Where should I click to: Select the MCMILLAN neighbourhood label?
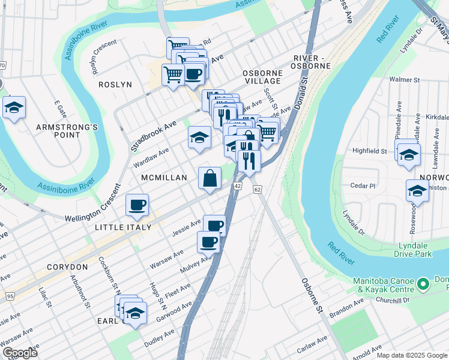click(164, 178)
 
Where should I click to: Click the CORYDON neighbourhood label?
click(66, 266)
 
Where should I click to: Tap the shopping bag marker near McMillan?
click(209, 179)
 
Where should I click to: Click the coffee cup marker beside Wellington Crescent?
click(137, 206)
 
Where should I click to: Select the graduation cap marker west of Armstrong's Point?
click(13, 109)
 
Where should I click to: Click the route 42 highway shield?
click(238, 187)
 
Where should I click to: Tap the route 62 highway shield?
click(257, 190)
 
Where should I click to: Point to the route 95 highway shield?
click(10, 296)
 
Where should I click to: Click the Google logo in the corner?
click(20, 353)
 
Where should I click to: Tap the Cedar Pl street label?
click(364, 186)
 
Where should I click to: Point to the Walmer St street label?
click(403, 79)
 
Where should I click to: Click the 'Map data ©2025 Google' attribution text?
click(411, 355)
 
